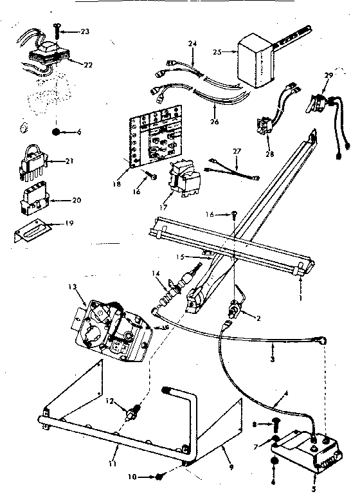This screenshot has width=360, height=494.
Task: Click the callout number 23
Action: pyautogui.click(x=85, y=30)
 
